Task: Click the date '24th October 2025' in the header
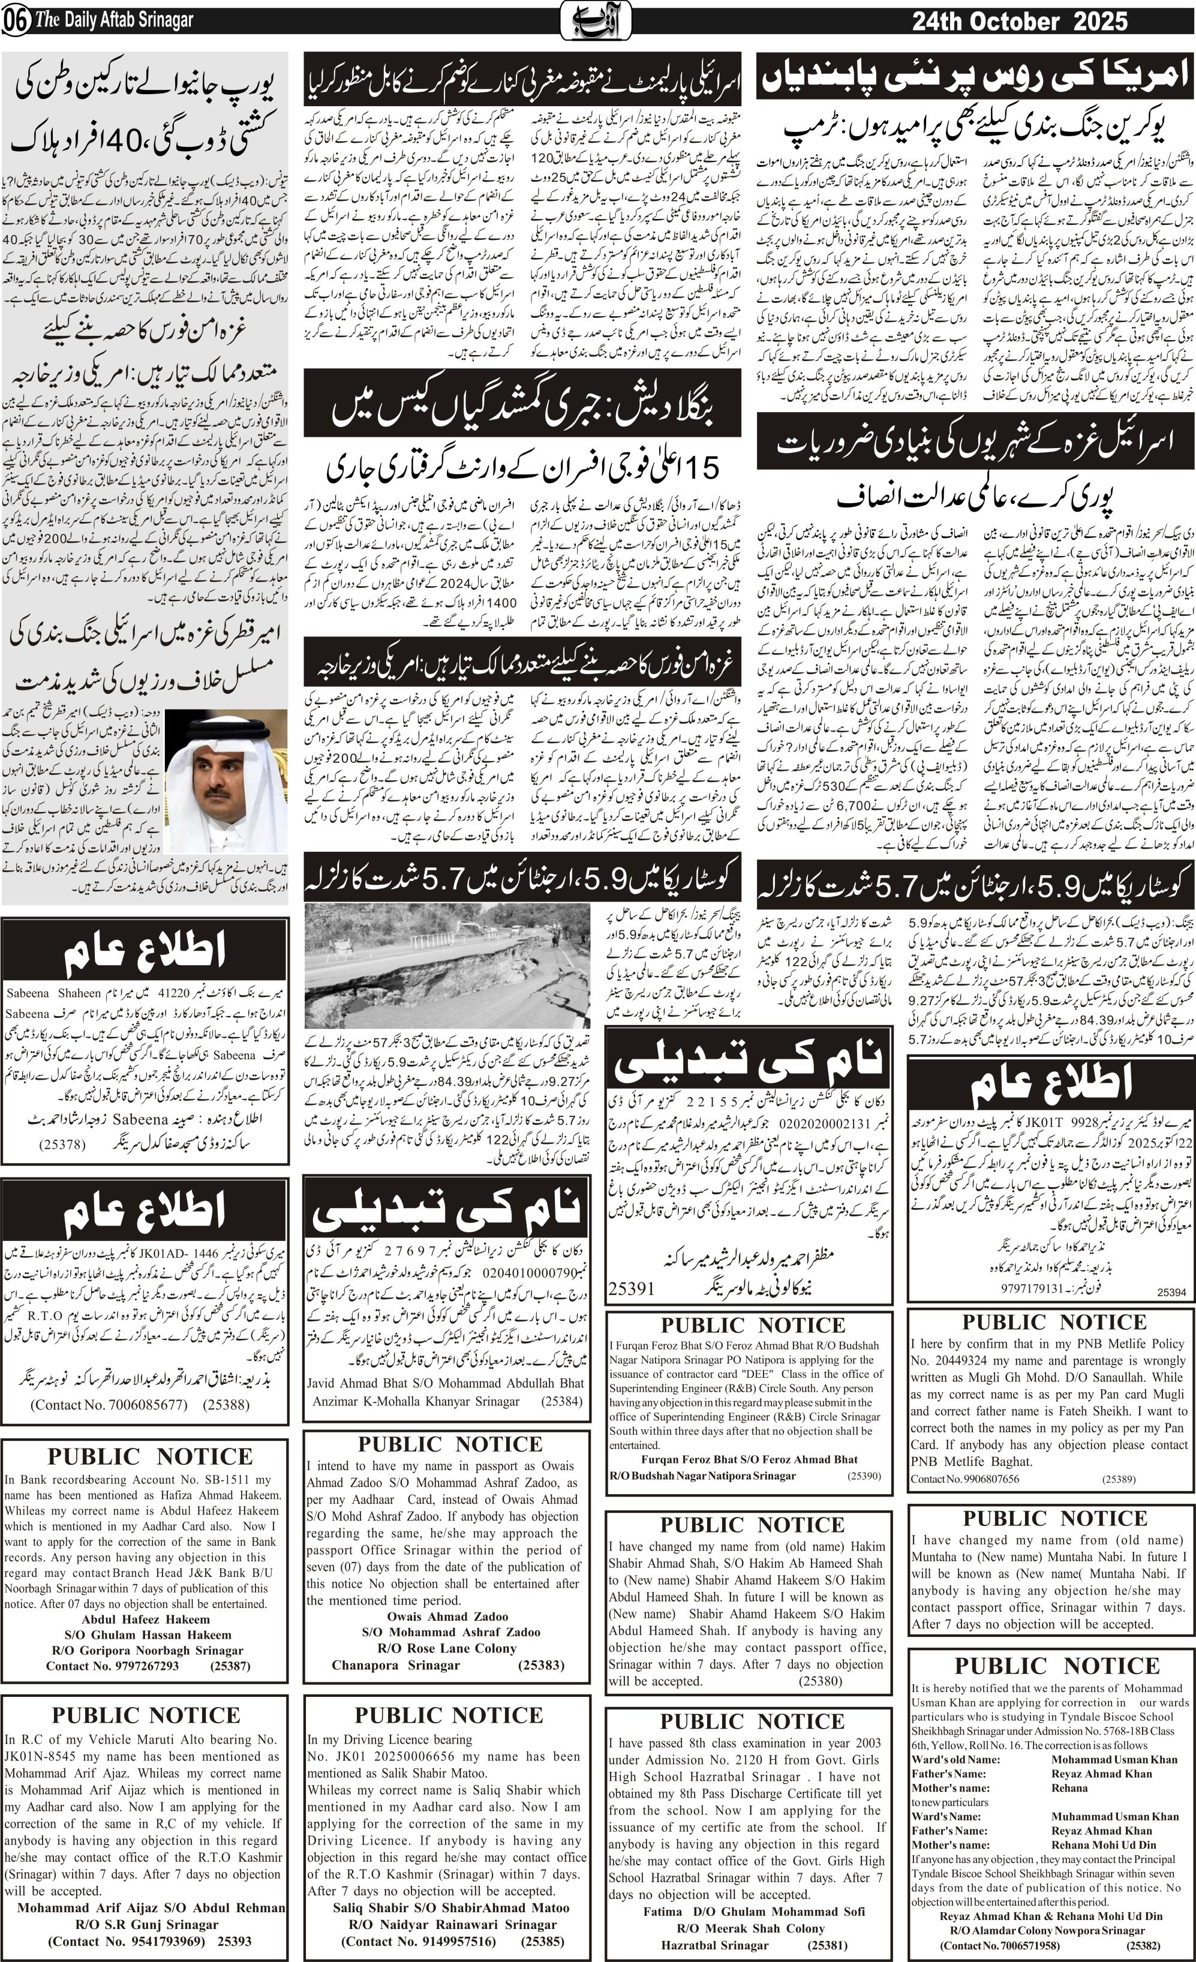pos(1019,22)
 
